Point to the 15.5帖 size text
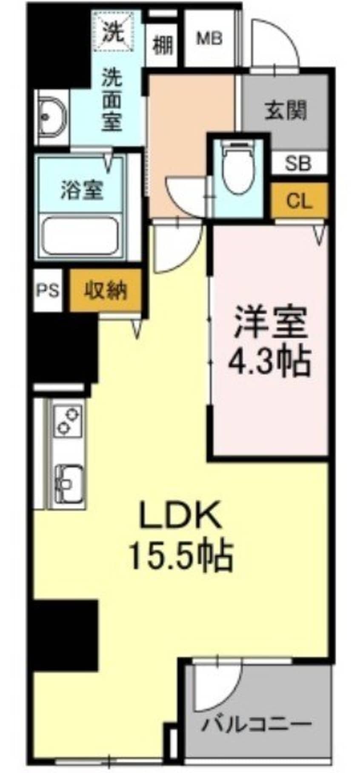180,555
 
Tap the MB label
209,39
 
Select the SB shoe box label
298,164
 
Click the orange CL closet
299,200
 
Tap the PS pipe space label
47,291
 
